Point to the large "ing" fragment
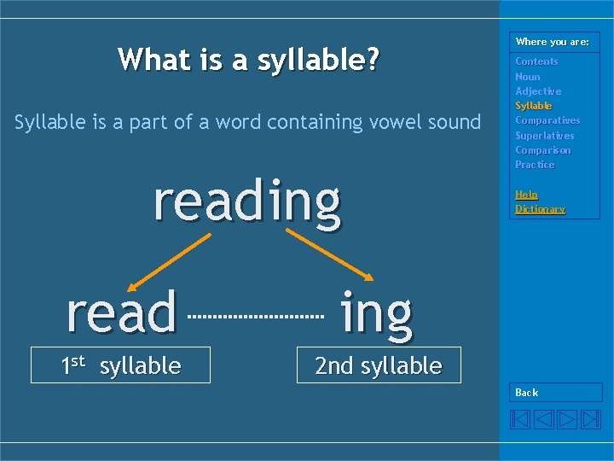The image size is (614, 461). point(376,313)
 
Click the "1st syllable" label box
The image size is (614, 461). point(120,365)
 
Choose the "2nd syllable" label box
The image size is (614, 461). point(378,365)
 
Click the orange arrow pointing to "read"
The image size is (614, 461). point(169,263)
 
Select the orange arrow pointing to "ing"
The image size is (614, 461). point(328,254)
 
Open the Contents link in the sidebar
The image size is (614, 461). point(536,61)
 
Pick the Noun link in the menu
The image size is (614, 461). point(528,77)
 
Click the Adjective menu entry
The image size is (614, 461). point(538,91)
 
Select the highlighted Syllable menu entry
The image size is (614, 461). point(534,106)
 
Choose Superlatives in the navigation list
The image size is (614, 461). point(545,136)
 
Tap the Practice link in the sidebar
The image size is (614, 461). point(535,165)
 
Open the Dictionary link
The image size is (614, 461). point(540,209)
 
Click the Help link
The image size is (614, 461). point(526,195)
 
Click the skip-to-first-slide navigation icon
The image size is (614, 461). point(520,419)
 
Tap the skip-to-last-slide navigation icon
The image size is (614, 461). point(591,419)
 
